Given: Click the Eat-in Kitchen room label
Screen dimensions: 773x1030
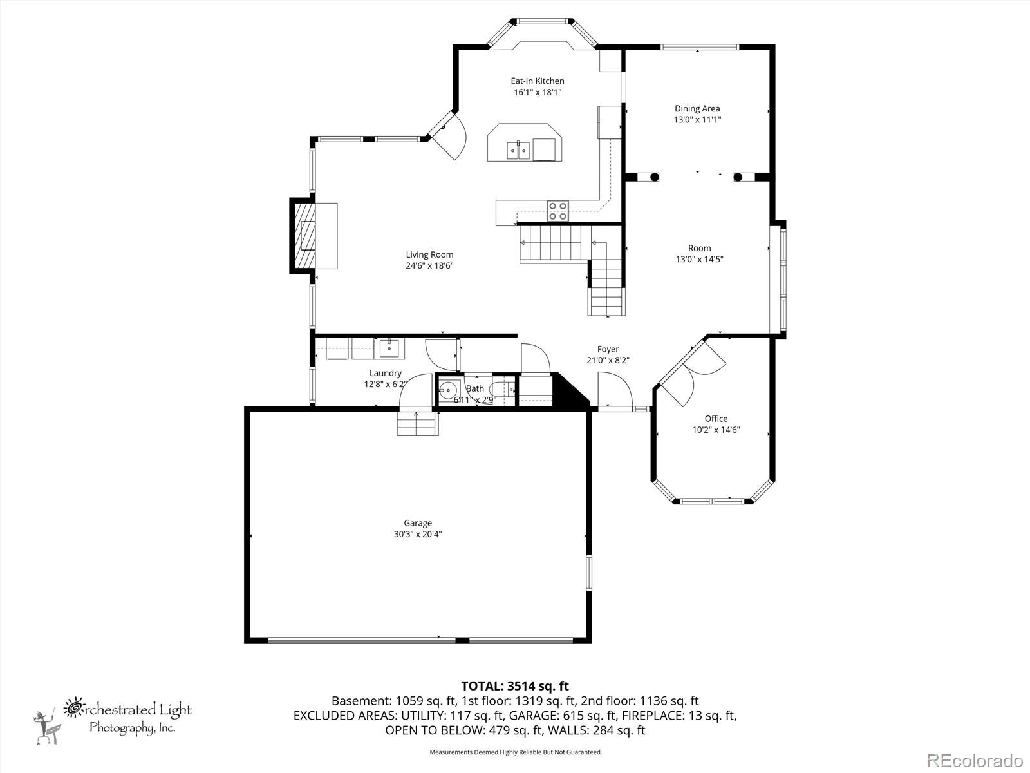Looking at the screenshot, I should point(537,81).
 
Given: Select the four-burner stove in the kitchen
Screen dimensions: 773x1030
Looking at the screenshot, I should point(557,211).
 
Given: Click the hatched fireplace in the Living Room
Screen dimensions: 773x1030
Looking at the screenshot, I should point(306,236).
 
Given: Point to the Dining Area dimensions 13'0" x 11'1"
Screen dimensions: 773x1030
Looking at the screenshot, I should point(697,120).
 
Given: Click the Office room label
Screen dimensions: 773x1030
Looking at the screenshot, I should point(716,419).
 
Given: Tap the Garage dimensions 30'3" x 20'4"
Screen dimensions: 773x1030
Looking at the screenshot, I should point(418,534).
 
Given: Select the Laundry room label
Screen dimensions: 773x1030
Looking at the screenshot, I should point(385,373).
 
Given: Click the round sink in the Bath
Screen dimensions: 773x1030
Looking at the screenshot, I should point(449,390).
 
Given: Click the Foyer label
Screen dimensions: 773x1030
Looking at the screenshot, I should point(608,349).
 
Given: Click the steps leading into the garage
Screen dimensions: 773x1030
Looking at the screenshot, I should point(417,423).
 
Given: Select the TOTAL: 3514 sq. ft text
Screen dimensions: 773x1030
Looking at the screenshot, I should point(515,686).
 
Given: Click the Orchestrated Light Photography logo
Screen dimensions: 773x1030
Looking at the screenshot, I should point(113,716).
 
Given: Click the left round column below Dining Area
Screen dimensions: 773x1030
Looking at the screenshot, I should point(654,177).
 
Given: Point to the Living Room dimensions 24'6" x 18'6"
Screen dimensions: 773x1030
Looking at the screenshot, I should point(429,265).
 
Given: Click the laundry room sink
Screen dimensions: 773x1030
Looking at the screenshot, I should point(389,348).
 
